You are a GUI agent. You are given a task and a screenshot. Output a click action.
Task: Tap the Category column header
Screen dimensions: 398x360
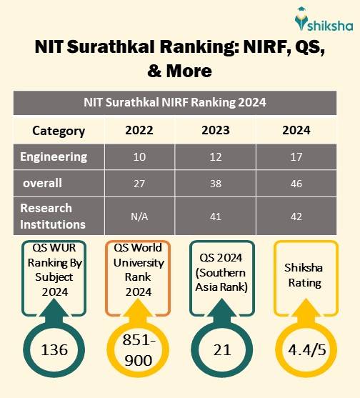(59, 131)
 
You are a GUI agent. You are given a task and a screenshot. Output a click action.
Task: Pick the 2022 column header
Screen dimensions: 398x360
(139, 130)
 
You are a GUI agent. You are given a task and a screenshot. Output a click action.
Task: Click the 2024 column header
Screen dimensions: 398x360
(296, 130)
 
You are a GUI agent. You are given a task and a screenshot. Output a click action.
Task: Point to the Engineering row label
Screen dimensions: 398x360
(54, 156)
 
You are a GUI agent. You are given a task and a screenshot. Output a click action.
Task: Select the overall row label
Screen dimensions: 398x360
(43, 183)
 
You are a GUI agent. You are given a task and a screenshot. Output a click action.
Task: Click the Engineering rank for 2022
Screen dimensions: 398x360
(139, 157)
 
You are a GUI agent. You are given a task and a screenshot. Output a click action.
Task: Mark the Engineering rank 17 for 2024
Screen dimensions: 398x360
(296, 157)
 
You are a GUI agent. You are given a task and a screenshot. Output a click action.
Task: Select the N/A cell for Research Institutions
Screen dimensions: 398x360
(139, 215)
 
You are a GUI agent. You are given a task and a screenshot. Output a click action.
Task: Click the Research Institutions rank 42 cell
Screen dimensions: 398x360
(296, 215)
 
